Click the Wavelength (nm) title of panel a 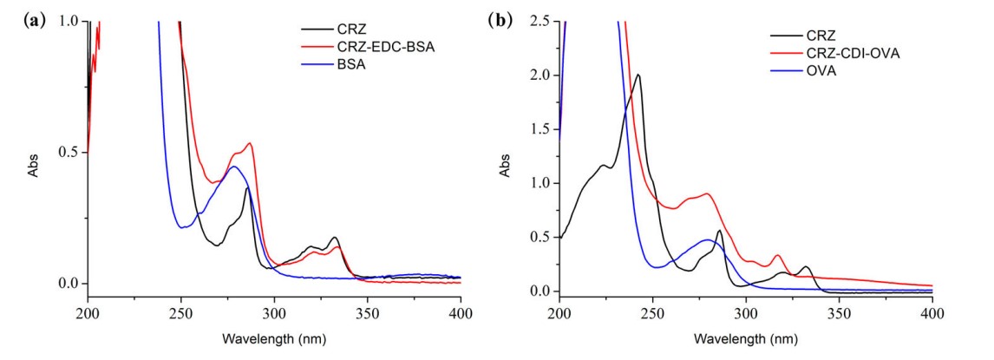[274, 337]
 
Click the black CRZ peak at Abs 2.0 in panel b [638, 75]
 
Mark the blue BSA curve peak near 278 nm [233, 167]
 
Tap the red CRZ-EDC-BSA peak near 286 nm [250, 143]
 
